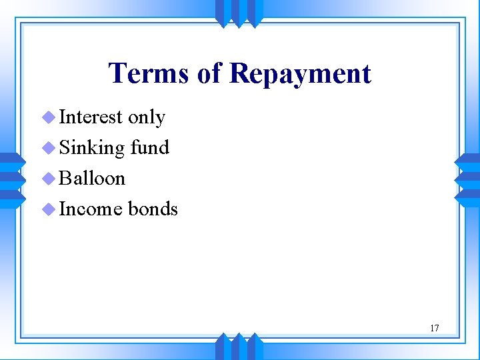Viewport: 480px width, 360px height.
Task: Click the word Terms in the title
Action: coord(149,73)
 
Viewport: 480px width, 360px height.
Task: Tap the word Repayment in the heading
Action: coord(300,73)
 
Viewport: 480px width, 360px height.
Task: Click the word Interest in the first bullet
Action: coord(91,117)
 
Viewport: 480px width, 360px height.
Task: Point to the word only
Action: coord(147,118)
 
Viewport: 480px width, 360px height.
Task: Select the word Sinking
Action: coord(92,148)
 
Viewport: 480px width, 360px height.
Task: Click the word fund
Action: coord(150,147)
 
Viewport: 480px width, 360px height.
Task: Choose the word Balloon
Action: coord(92,178)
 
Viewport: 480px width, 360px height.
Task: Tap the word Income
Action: coord(91,209)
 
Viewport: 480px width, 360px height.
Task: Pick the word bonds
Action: coord(153,209)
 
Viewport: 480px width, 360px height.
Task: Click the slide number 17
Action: coord(434,327)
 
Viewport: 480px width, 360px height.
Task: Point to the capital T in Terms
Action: coord(118,73)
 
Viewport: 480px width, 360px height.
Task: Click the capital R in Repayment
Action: coord(239,73)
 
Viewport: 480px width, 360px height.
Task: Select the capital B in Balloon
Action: coord(65,178)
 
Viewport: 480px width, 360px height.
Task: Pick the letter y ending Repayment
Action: coord(291,77)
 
